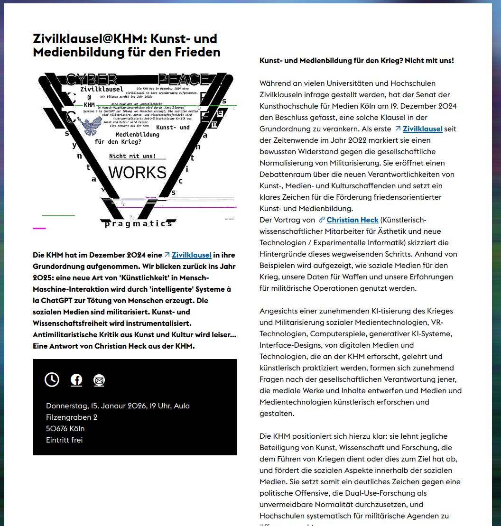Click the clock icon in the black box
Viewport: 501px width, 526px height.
(52, 379)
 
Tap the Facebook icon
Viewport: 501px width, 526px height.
(76, 380)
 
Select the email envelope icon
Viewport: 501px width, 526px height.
(99, 380)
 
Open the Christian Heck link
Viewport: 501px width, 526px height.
(352, 220)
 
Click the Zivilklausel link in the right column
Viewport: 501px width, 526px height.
(422, 129)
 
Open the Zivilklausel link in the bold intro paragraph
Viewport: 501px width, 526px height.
(191, 255)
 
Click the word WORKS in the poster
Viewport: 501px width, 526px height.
(138, 173)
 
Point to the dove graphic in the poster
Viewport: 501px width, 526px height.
(90, 125)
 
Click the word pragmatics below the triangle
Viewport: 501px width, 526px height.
(138, 223)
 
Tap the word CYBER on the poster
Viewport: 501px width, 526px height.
(92, 79)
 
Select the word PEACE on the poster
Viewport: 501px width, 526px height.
(183, 79)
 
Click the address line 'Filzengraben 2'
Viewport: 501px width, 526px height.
(72, 417)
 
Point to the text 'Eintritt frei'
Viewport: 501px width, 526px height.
(64, 440)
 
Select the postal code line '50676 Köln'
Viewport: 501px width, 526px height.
(65, 428)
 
